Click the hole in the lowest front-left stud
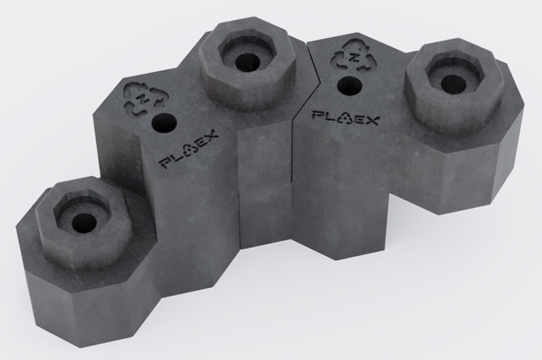click(x=85, y=223)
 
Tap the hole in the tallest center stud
click(x=249, y=62)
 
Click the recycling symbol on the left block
click(x=146, y=99)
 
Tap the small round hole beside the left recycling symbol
click(x=164, y=122)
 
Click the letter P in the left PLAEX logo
click(x=164, y=163)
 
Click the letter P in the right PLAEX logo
click(x=317, y=115)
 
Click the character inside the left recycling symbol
click(x=145, y=99)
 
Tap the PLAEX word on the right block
click(x=345, y=118)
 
